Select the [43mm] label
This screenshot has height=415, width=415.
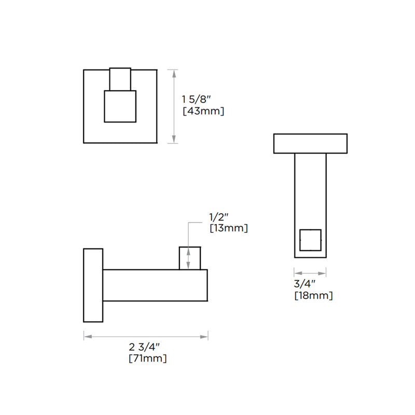tap(203, 111)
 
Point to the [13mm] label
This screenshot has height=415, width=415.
tap(228, 228)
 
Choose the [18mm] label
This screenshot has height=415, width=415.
tap(313, 296)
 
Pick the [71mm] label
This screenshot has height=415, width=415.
tap(148, 358)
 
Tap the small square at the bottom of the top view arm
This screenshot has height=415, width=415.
tap(311, 239)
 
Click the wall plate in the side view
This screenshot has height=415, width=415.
tap(93, 285)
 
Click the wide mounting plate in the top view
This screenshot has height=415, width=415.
tap(310, 144)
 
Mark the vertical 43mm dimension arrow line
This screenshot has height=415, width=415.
tap(173, 106)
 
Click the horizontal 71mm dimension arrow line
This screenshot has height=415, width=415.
tap(146, 337)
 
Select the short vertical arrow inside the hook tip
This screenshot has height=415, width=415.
tap(190, 258)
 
